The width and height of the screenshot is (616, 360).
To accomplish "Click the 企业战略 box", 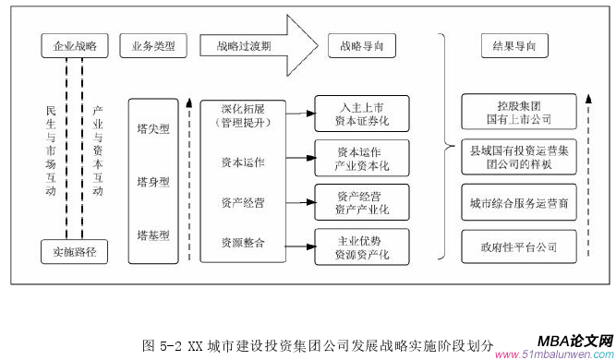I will (x=76, y=43).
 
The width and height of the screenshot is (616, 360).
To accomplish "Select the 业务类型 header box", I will (x=152, y=43).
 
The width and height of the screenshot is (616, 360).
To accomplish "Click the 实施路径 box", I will (x=76, y=249).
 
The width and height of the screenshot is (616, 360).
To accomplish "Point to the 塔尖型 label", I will (x=152, y=129).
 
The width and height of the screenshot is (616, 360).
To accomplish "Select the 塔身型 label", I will (x=152, y=181).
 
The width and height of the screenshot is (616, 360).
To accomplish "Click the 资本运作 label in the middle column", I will (x=242, y=162).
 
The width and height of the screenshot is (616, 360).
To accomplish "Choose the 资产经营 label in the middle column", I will (x=242, y=203).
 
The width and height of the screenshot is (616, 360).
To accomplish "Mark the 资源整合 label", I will (x=242, y=243).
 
